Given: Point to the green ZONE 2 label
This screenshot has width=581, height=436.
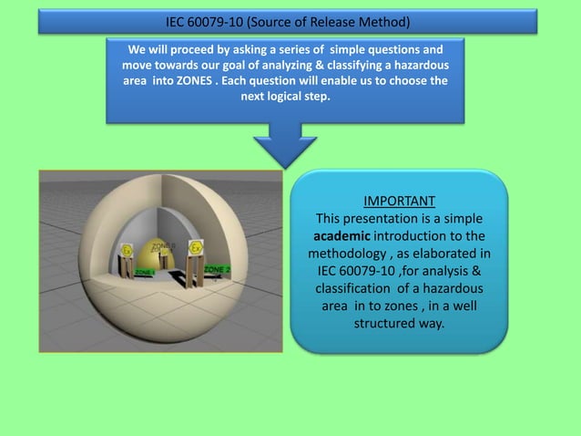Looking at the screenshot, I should [216, 269].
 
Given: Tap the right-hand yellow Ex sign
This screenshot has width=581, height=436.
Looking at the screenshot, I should [194, 248].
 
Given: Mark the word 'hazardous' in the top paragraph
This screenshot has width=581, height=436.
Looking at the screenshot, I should [419, 63].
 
